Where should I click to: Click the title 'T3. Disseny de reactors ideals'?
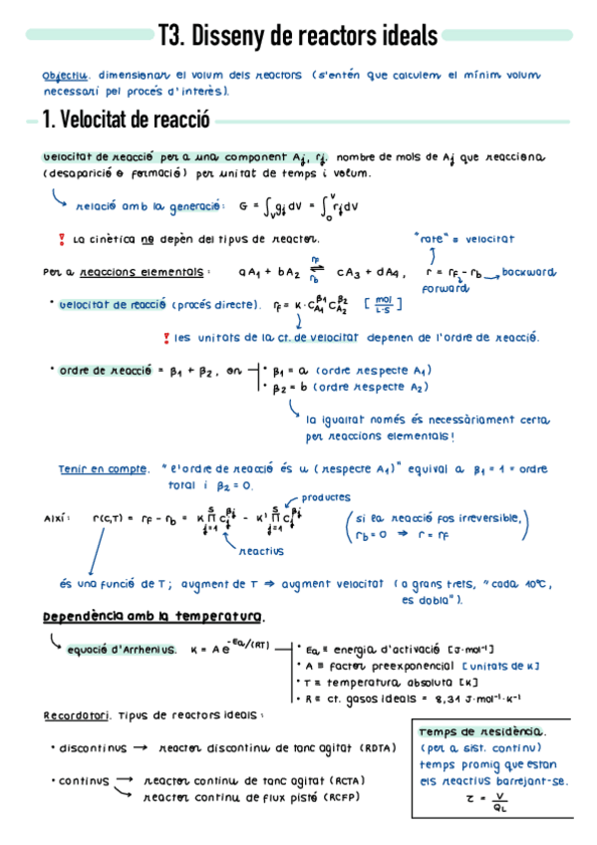click(x=298, y=37)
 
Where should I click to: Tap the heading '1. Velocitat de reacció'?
click(x=125, y=121)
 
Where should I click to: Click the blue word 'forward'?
click(x=445, y=289)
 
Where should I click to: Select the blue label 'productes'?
click(x=326, y=495)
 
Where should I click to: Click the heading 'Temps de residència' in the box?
click(x=468, y=730)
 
